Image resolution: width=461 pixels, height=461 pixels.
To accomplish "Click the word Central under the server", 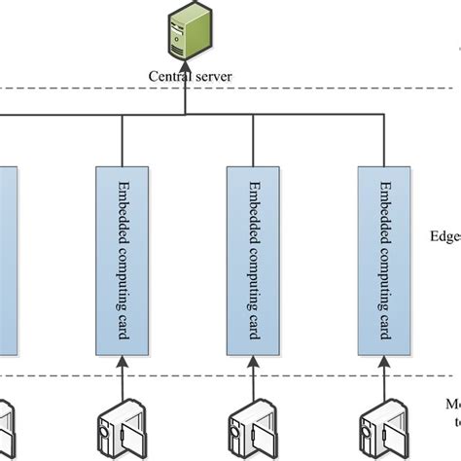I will pyautogui.click(x=170, y=74).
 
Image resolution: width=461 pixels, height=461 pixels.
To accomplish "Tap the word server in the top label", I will pyautogui.click(x=212, y=74).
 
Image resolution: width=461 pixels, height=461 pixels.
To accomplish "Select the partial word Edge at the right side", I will pyautogui.click(x=444, y=235).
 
